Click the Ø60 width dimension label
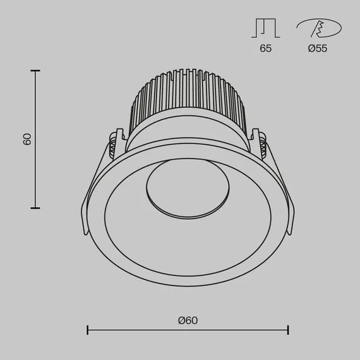tap(188, 320)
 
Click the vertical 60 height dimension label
tap(27, 139)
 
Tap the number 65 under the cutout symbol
tap(265, 49)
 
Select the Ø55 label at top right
tap(318, 49)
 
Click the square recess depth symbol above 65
tap(265, 28)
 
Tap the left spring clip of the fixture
tap(114, 143)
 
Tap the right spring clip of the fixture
tap(260, 142)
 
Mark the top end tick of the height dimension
tap(35, 71)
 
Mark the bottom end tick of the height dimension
tap(35, 207)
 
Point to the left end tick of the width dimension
tap(87, 330)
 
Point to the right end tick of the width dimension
tap(288, 330)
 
